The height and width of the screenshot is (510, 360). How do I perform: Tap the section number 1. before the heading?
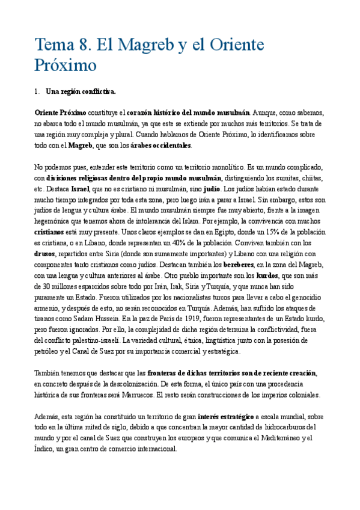(38, 91)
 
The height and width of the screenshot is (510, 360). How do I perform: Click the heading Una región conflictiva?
(81, 91)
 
